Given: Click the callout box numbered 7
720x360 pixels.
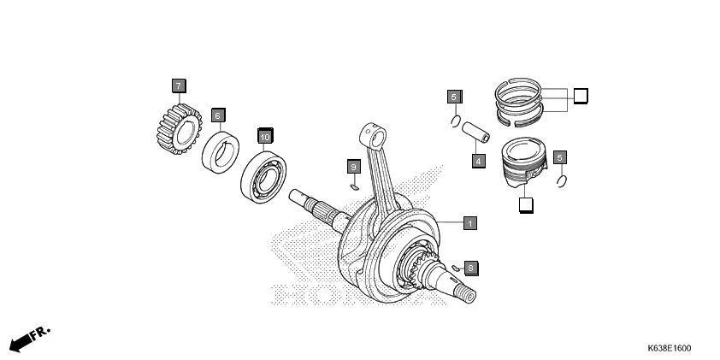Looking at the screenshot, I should pos(178,86).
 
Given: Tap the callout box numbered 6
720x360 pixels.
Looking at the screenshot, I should pos(217,115).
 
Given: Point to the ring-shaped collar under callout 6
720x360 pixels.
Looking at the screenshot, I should pos(225,151).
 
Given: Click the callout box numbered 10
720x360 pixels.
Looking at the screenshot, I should pos(265,136).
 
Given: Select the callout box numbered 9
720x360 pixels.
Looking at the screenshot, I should pos(353,165).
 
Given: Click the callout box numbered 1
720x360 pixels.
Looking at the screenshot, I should pos(469,223).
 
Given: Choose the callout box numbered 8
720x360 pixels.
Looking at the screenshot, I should pos(470,269).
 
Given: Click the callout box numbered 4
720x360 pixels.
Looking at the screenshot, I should pos(478,160).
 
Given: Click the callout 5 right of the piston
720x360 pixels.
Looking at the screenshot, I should pos(560,157).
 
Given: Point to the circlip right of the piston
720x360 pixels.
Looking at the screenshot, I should pos(561,180).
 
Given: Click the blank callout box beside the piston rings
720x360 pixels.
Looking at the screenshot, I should pos(580,96).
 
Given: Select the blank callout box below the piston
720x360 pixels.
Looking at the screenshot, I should pos(525,204).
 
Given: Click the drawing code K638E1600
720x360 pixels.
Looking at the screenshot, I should pos(669,348).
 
